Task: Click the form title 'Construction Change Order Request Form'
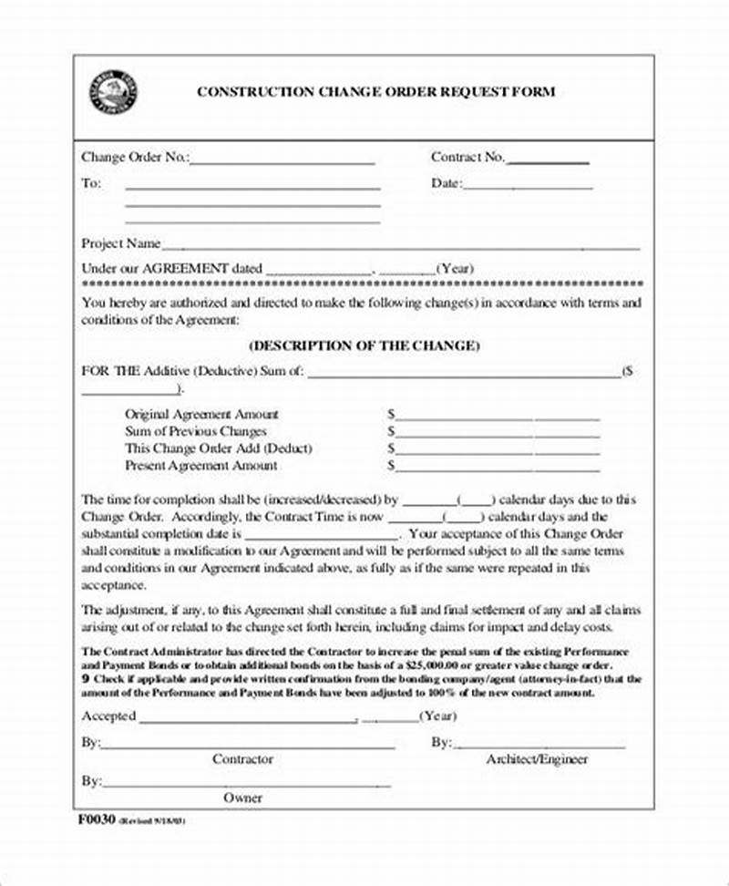coord(375,92)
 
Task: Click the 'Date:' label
coord(446,183)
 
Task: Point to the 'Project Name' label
coord(120,243)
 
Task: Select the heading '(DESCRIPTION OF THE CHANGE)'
coord(364,346)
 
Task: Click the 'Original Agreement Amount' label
coord(201,414)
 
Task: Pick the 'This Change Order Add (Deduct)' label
coord(218,448)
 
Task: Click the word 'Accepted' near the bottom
coord(108,716)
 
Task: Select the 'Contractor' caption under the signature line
coord(242,758)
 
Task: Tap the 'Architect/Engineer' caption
coord(537,758)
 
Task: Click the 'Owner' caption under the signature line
coord(242,798)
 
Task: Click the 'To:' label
coord(91,183)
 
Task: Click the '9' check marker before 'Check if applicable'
coord(85,679)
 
